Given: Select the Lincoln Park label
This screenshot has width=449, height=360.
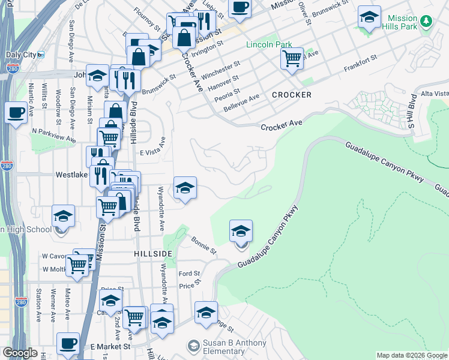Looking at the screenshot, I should [269, 45].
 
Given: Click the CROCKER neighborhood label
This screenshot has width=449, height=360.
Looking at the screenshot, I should [291, 95].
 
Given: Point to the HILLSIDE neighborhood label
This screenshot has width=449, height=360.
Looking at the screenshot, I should [153, 254].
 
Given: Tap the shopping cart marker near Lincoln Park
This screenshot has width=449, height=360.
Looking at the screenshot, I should [292, 59].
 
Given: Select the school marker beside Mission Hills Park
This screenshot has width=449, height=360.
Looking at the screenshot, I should [369, 17].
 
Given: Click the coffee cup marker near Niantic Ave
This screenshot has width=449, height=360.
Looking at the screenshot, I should [16, 112].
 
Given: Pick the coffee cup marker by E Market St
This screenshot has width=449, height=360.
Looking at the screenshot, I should [68, 343].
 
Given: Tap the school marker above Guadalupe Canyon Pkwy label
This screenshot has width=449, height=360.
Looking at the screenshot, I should [241, 231].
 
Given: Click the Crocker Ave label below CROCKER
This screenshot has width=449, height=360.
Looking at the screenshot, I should [281, 124].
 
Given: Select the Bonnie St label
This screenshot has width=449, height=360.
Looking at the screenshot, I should [203, 244].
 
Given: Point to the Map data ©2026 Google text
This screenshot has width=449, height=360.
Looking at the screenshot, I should [411, 356].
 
